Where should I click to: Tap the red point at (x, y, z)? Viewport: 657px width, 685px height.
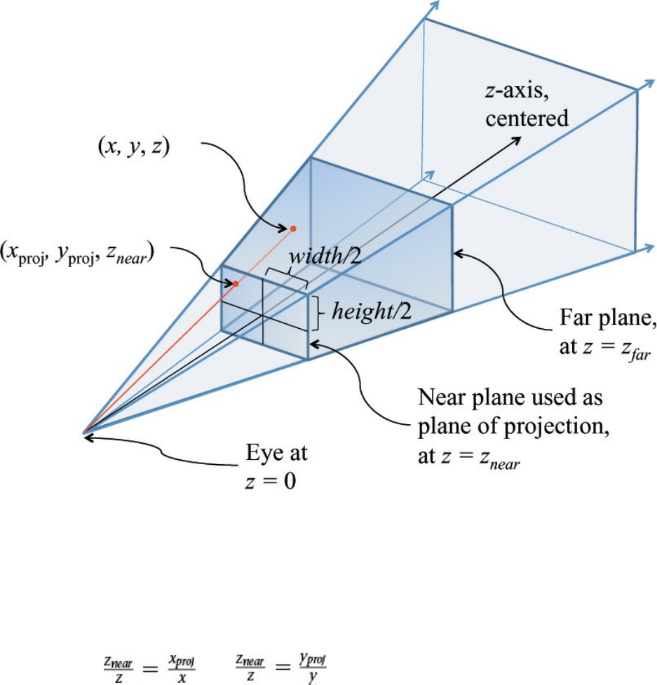pyautogui.click(x=293, y=228)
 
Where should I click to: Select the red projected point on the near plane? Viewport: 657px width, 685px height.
pyautogui.click(x=236, y=284)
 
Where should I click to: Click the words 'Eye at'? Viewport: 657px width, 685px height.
pyautogui.click(x=276, y=454)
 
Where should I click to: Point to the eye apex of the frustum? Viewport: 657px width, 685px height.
pyautogui.click(x=83, y=433)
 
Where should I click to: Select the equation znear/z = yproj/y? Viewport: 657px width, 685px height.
pyautogui.click(x=280, y=663)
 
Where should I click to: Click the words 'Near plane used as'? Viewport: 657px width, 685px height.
pyautogui.click(x=510, y=398)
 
